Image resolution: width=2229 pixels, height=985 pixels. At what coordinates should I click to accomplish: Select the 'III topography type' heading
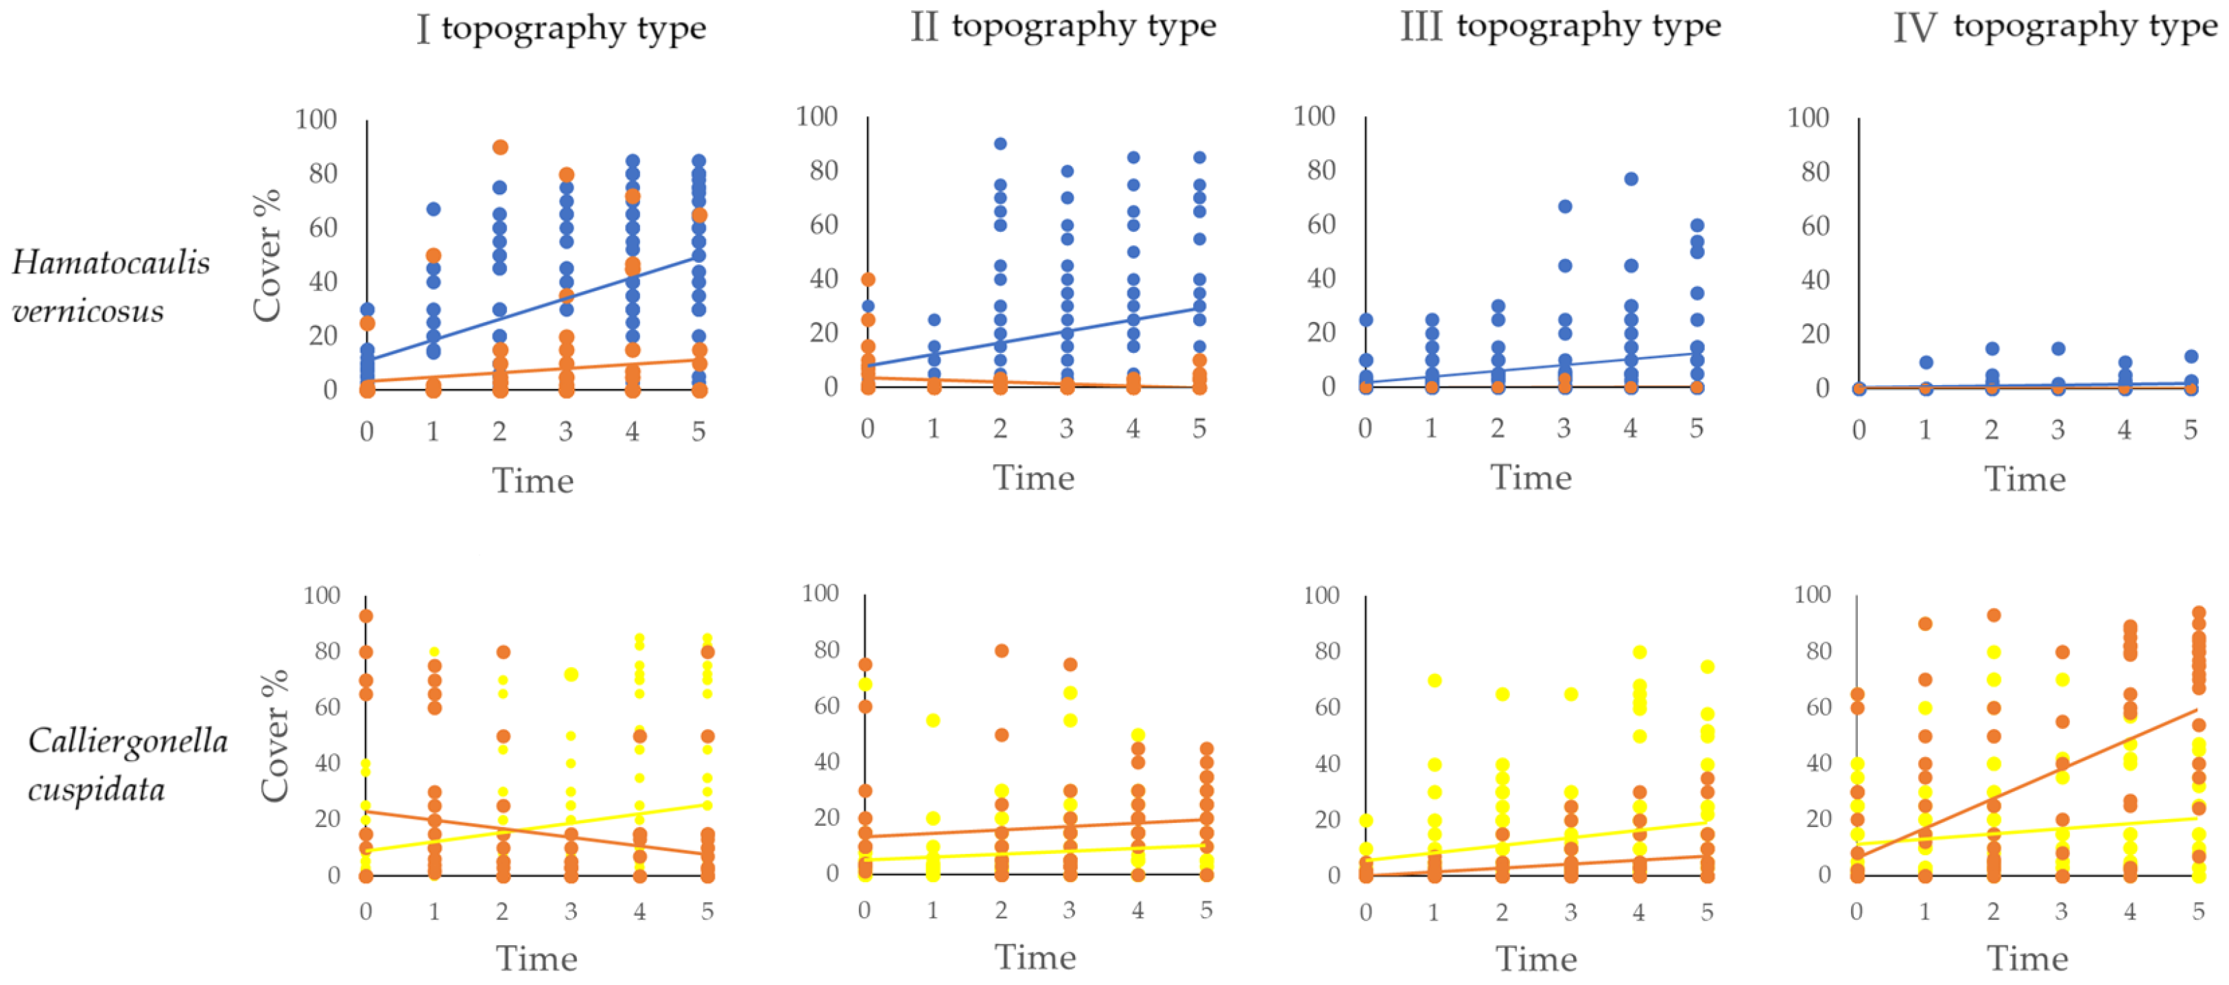coord(1560,26)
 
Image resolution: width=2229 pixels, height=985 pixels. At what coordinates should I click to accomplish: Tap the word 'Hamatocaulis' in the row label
coord(110,262)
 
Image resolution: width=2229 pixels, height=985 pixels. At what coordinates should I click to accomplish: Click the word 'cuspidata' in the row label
coord(96,789)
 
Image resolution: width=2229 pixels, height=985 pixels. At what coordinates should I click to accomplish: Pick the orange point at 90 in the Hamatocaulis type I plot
coord(500,147)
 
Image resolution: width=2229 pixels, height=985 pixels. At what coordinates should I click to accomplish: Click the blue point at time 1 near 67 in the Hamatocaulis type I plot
coord(434,209)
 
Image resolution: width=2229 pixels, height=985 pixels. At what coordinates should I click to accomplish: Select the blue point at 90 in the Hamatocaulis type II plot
coord(1000,143)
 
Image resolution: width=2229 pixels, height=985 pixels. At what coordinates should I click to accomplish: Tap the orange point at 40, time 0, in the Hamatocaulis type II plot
coord(868,279)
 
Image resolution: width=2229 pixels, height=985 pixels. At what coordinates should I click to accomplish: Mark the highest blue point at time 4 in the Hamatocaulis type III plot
coord(1631,179)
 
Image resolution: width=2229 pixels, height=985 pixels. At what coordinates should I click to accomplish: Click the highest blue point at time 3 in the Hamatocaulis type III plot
coord(1564,206)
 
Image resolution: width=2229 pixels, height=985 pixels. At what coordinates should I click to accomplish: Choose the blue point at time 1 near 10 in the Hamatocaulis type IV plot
coord(1925,362)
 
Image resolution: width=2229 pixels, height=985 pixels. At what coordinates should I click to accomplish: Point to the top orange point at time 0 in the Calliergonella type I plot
coord(366,616)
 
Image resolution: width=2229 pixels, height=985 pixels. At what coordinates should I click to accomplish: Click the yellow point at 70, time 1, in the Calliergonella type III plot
coord(1435,680)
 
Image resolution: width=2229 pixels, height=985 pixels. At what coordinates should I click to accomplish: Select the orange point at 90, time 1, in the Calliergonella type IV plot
coord(1925,624)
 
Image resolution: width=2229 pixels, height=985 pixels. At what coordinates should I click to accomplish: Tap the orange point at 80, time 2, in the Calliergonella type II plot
coord(1001,651)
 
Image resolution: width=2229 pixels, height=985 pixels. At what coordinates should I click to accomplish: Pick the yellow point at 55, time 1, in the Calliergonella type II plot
coord(933,721)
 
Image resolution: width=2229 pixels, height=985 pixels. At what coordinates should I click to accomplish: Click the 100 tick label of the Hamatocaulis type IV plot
coord(1809,117)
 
